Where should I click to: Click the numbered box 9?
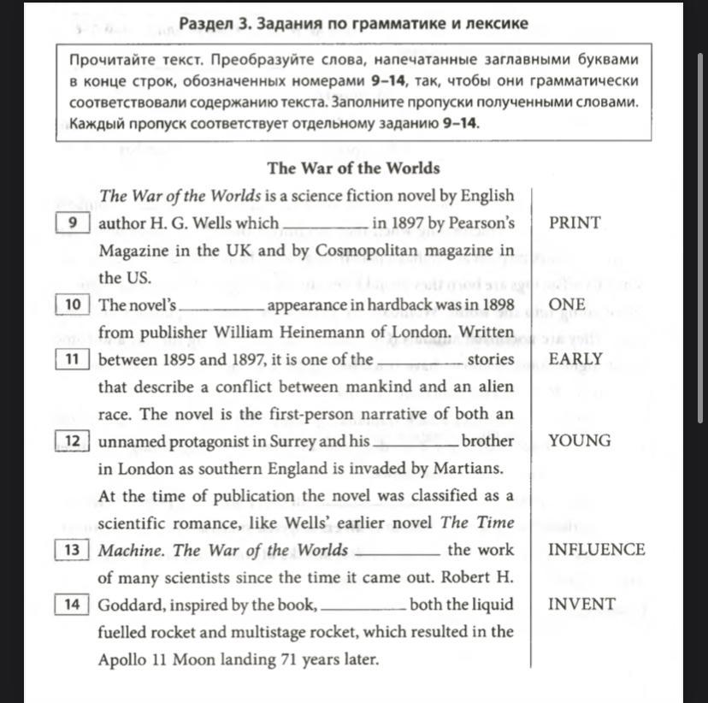(73, 223)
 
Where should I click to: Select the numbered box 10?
(73, 304)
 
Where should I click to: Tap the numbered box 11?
(73, 359)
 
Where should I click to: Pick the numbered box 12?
(73, 441)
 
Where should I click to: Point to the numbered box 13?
(73, 550)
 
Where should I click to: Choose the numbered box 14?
(73, 605)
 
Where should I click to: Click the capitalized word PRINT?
(575, 223)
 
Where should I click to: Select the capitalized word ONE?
(567, 304)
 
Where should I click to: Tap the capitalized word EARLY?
(575, 359)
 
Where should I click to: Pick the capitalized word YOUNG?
(580, 441)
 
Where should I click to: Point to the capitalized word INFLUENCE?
(596, 550)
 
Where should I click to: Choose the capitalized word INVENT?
(581, 605)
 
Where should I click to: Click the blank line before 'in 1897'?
(325, 227)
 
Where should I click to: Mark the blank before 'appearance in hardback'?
(223, 310)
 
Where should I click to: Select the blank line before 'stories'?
(420, 364)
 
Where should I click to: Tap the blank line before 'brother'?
(415, 446)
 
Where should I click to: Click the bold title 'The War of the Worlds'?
(353, 168)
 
